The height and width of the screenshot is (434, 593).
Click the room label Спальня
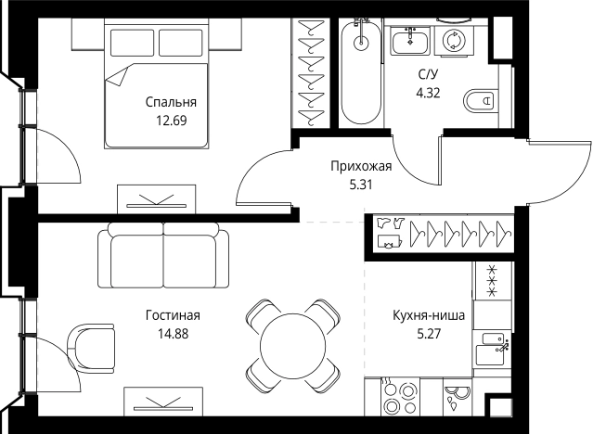(171, 103)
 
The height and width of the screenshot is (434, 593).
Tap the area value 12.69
(171, 121)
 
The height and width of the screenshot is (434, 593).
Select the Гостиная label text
(173, 315)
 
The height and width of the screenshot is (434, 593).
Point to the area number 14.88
(173, 333)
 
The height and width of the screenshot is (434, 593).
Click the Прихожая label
(361, 167)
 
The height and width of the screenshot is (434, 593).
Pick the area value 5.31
(361, 185)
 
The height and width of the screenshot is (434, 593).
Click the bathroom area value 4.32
(428, 92)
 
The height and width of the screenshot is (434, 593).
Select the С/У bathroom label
(428, 74)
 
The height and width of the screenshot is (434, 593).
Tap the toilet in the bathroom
(479, 99)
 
